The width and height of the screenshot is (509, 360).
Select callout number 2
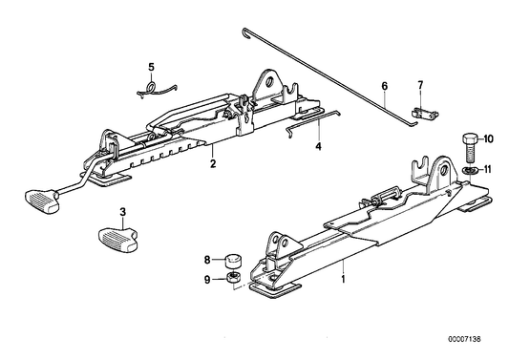tap(213, 163)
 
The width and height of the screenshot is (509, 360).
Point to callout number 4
tap(319, 147)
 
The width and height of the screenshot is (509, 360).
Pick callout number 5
tap(150, 66)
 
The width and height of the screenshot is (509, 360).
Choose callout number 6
tap(386, 95)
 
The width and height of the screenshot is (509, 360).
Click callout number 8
tap(206, 258)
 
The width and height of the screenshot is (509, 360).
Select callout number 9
tap(206, 279)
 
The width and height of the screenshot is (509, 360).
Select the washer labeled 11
tap(467, 169)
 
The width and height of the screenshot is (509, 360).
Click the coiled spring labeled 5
tap(154, 87)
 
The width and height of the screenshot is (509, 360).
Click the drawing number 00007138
tap(478, 349)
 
